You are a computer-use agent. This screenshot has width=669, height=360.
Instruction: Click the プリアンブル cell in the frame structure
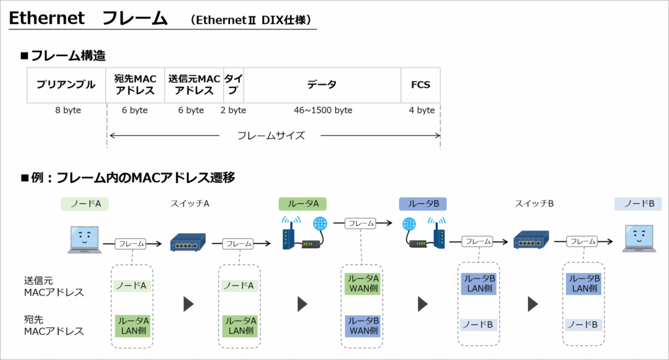coord(66,85)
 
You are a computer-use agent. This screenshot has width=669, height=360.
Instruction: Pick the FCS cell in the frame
coord(421,85)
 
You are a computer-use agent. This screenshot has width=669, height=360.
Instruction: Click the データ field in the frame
coord(322,85)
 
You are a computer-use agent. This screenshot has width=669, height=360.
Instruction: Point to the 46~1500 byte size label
coord(323,110)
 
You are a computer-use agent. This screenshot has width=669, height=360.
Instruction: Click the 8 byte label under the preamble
coord(68,110)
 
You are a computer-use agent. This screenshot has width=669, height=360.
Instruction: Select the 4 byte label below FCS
coord(421,110)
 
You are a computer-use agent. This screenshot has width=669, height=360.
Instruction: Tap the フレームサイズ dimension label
coord(271,136)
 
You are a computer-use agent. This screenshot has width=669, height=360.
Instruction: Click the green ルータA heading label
coord(302,204)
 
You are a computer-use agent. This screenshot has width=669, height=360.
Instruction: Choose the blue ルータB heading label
coord(423,204)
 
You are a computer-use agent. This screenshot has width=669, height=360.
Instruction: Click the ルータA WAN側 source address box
coord(362,284)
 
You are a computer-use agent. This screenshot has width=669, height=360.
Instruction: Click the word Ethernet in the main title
coord(46,18)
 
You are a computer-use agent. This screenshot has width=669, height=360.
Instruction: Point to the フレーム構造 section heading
coord(68,56)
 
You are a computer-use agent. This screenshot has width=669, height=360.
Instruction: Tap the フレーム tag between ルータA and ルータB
coord(361,223)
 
